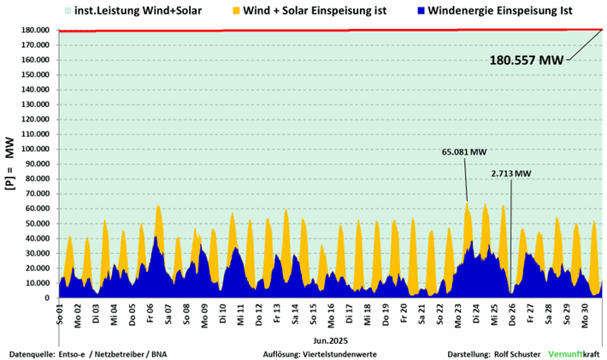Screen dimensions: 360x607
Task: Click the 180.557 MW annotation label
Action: coord(527,61)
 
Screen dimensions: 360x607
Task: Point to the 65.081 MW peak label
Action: coord(464,152)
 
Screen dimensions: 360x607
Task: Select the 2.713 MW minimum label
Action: coord(511,174)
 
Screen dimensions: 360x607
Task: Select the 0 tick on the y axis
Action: coord(50,298)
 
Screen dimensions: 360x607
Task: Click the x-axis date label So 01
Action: coord(59,314)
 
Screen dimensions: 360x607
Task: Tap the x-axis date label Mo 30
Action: coord(586,314)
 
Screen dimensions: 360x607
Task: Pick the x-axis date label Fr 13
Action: coord(277,314)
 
